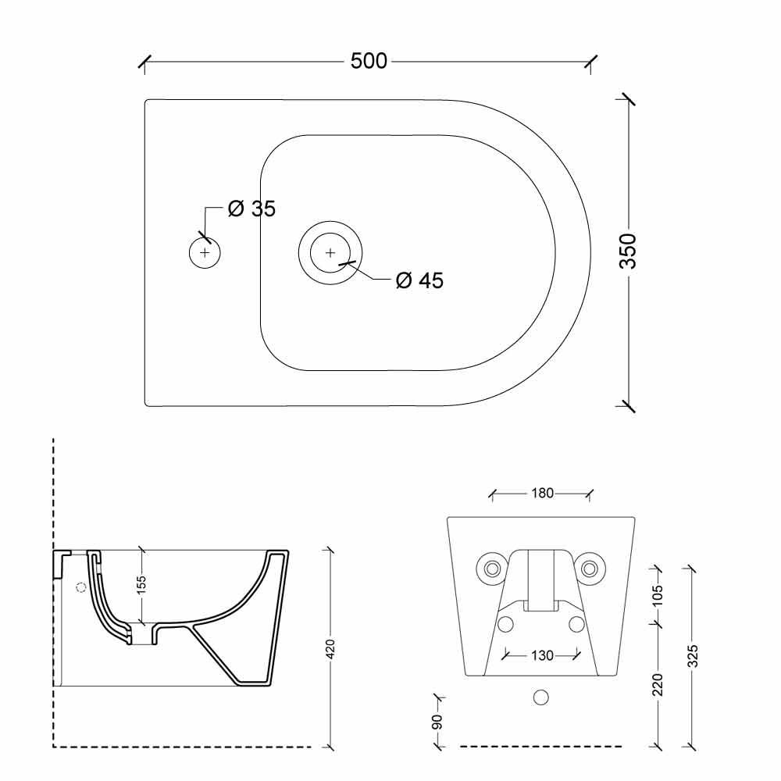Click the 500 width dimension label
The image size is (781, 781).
(369, 61)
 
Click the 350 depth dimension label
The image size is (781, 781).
(628, 251)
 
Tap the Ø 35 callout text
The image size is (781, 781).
(251, 209)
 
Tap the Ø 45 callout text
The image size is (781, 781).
(419, 280)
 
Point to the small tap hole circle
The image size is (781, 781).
(205, 252)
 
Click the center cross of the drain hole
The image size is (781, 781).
(330, 253)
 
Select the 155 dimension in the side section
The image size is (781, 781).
(141, 583)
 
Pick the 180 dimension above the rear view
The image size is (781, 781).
(543, 493)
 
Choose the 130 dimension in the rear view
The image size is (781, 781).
(543, 655)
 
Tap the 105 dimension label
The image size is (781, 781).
(658, 595)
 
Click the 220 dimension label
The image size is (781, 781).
(658, 684)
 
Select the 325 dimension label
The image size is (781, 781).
(692, 656)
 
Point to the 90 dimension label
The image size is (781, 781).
(437, 722)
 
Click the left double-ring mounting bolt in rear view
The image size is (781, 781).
(493, 568)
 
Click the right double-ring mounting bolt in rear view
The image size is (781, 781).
(589, 568)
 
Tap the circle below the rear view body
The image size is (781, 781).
(541, 697)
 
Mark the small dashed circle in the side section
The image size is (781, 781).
(80, 587)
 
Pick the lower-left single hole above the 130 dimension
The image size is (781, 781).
(505, 624)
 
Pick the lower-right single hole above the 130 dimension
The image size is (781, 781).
(577, 624)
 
